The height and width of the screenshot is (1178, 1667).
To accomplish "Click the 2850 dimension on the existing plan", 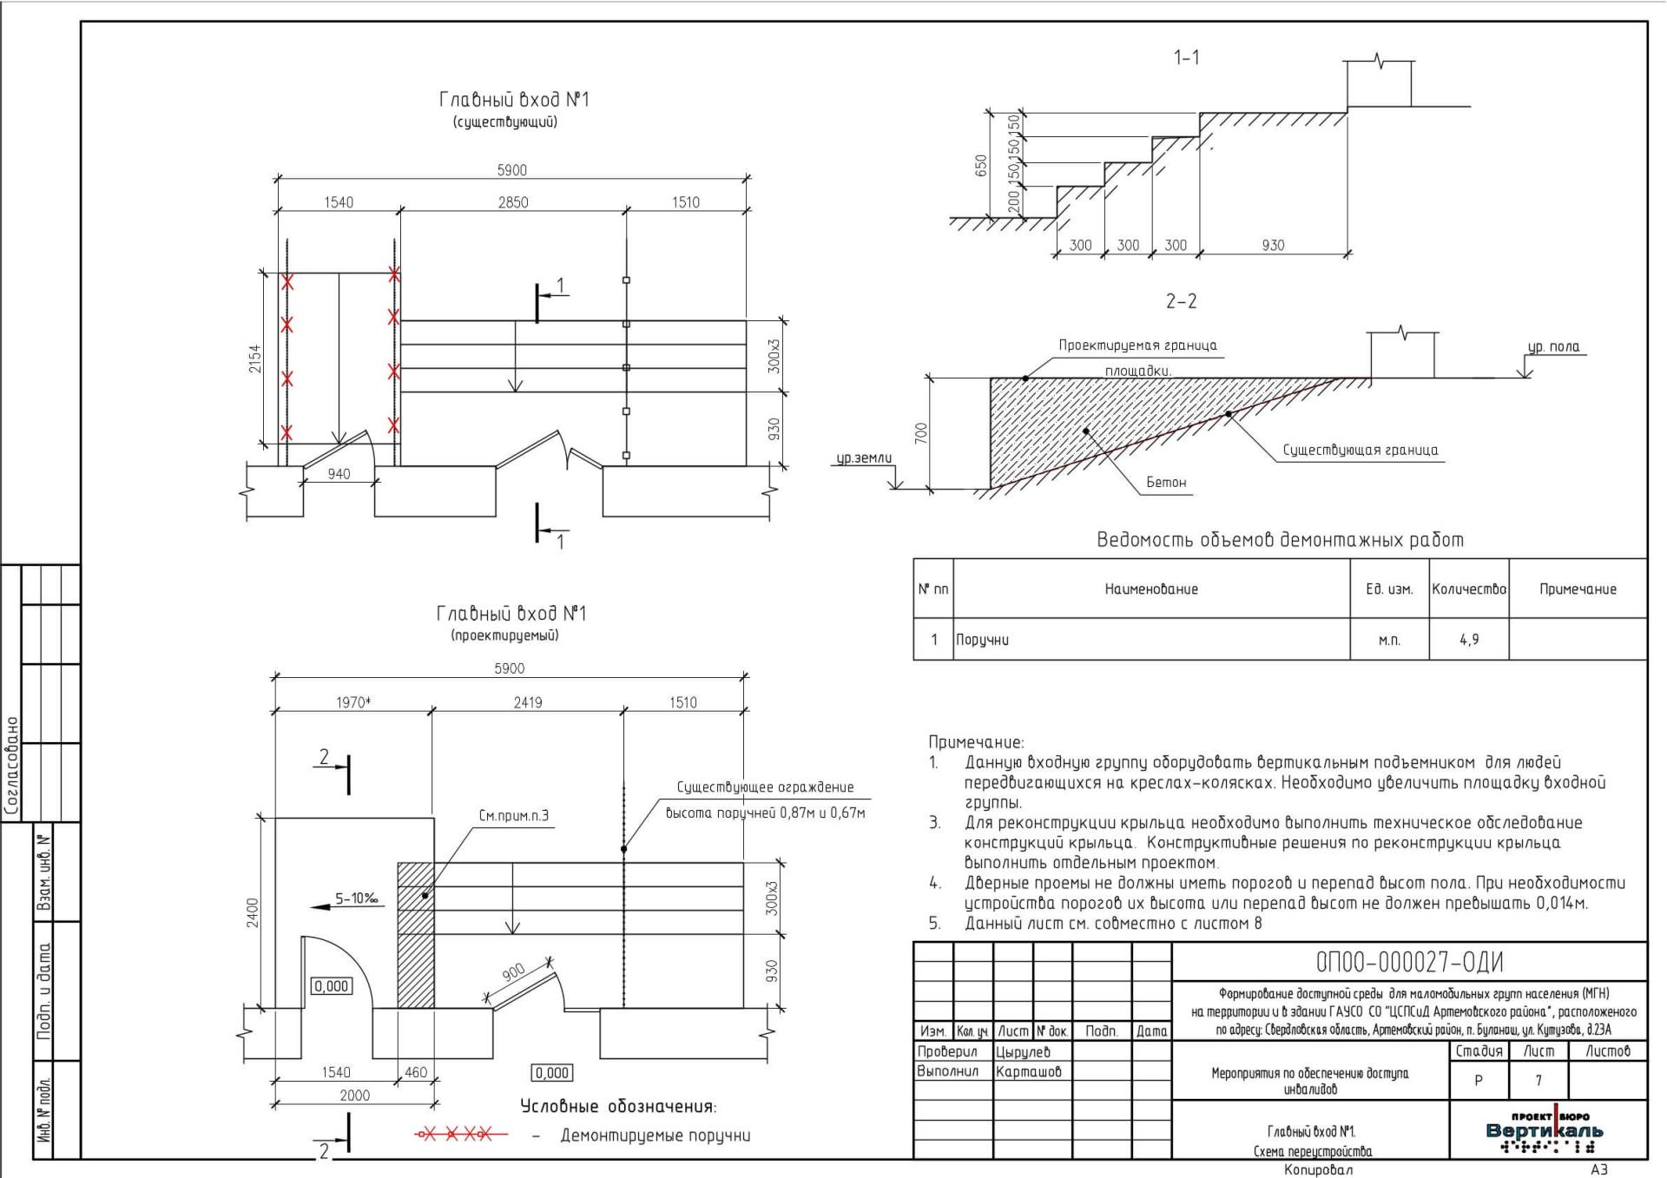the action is coord(513,202).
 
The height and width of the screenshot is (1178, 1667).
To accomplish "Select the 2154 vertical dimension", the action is coord(254,359).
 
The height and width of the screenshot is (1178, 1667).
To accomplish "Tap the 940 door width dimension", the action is coord(339,474).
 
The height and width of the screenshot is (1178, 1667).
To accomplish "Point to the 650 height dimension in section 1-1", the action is coord(981,166).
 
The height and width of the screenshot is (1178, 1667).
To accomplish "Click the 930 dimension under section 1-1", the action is coord(1273,246).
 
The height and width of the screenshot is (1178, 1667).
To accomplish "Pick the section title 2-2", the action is coord(1181,301).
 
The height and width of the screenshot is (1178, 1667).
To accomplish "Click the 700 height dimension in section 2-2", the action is coord(921,432).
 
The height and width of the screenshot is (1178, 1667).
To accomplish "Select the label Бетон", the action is coord(1166,482).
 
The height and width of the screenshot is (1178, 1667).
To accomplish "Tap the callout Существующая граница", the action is coord(1361,450).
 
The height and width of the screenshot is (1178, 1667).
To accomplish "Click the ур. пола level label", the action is coord(1554,347).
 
